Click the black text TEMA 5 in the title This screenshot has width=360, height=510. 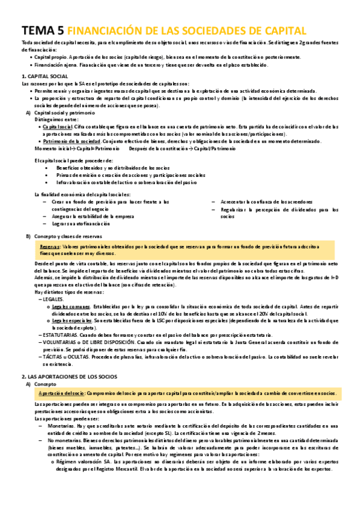pos(42,31)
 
